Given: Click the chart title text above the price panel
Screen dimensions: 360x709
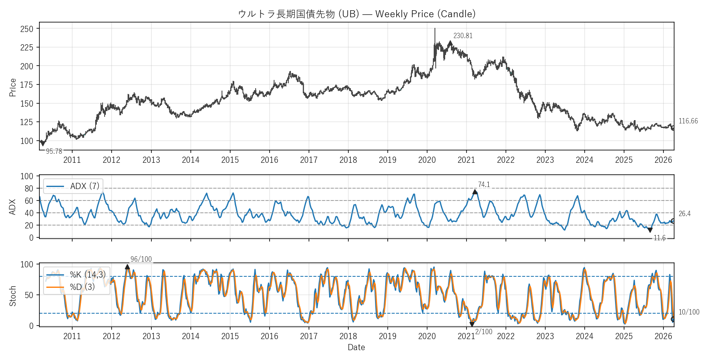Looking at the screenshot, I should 357,14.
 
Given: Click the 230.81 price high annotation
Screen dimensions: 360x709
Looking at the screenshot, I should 463,36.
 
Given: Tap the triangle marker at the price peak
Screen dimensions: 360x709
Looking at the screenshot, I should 450,43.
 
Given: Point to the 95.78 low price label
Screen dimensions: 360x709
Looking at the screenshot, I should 54,151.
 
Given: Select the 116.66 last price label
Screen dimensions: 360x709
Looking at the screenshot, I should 688,121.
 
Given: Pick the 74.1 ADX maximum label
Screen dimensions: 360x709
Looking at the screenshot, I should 484,185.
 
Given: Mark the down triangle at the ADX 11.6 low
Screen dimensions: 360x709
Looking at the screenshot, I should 650,230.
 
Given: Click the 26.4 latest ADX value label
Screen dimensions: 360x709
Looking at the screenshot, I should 684,214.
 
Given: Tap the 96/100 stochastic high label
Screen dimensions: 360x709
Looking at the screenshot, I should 141,259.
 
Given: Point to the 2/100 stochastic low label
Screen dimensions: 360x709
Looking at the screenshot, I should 484,332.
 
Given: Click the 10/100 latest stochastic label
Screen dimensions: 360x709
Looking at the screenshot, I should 689,312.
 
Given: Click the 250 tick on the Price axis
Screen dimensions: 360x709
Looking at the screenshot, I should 27,29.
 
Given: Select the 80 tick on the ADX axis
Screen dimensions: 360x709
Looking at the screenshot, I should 29,189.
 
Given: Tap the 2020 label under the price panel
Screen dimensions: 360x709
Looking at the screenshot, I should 427,160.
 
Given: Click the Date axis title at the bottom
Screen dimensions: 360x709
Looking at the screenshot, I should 356,347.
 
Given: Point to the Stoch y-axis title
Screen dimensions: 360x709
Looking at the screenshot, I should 13,296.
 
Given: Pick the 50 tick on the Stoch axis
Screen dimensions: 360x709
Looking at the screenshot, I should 29,295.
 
